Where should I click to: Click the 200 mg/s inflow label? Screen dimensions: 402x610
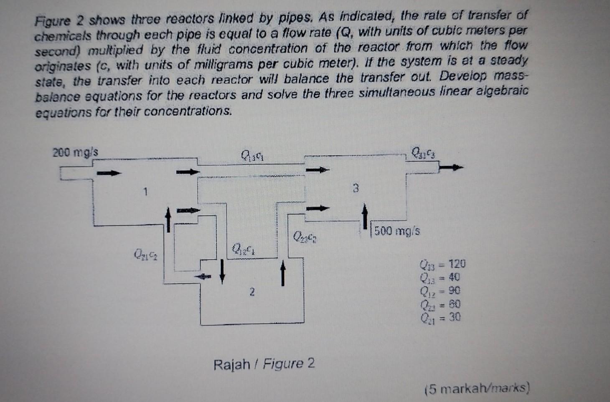(x=76, y=152)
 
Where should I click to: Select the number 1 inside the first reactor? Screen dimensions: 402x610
(x=145, y=192)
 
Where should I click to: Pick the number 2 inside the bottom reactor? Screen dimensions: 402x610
(x=252, y=292)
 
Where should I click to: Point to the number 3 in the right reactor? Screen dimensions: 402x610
(x=356, y=188)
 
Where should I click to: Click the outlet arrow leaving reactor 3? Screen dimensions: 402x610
(x=452, y=168)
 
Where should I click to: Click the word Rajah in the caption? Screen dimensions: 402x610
(x=231, y=364)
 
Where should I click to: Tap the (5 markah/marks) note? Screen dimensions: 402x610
(x=477, y=389)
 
